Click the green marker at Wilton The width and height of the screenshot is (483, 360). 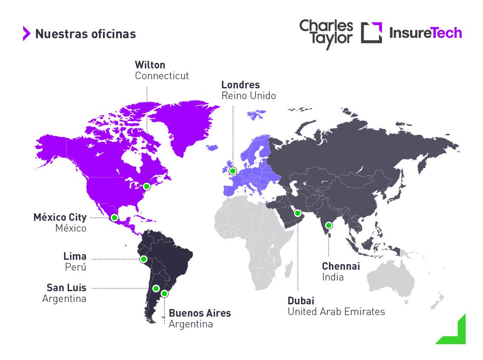pyautogui.click(x=147, y=186)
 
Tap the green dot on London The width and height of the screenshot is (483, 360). pyautogui.click(x=233, y=171)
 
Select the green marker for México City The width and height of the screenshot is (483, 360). pyautogui.click(x=115, y=218)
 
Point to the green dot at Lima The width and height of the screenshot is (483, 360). pyautogui.click(x=143, y=259)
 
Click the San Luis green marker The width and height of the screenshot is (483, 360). pyautogui.click(x=156, y=288)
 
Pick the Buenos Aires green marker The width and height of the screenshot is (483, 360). pyautogui.click(x=164, y=294)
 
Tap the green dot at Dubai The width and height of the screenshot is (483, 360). pyautogui.click(x=298, y=213)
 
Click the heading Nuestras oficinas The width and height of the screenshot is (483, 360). pyautogui.click(x=85, y=34)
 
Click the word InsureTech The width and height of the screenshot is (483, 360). pyautogui.click(x=425, y=33)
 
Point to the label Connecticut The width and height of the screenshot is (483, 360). pyautogui.click(x=162, y=76)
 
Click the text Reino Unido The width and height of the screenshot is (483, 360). pyautogui.click(x=248, y=96)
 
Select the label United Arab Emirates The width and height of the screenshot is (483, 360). pyautogui.click(x=336, y=311)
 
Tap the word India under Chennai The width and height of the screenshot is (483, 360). pyautogui.click(x=332, y=277)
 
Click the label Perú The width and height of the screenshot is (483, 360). pyautogui.click(x=76, y=267)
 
